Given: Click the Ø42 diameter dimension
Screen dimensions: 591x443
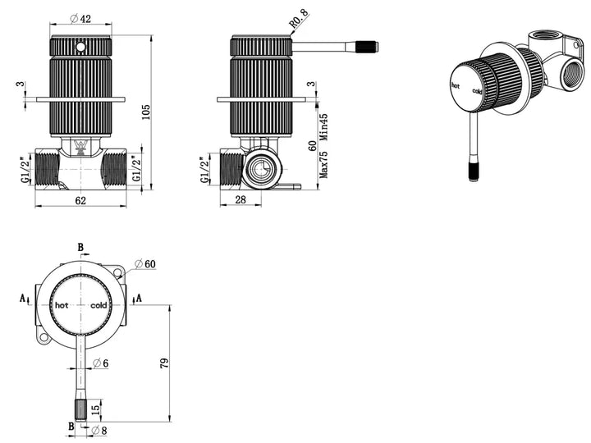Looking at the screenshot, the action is pyautogui.click(x=80, y=18).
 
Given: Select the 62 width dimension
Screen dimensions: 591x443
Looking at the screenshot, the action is pyautogui.click(x=80, y=200).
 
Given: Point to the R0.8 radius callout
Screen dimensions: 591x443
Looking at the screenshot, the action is pyautogui.click(x=300, y=18).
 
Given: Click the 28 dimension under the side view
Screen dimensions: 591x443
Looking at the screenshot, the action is pyautogui.click(x=241, y=199).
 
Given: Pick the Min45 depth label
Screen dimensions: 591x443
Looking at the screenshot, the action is pyautogui.click(x=324, y=127).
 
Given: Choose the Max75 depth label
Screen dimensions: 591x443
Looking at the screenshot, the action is pyautogui.click(x=324, y=165).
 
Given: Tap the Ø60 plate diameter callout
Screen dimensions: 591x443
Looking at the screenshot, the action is pyautogui.click(x=145, y=263).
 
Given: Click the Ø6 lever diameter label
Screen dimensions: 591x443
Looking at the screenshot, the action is pyautogui.click(x=101, y=363).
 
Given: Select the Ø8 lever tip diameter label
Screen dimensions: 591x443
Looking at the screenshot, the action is pyautogui.click(x=99, y=430).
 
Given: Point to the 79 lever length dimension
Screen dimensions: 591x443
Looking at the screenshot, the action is pyautogui.click(x=165, y=363).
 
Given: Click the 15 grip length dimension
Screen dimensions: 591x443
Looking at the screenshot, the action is pyautogui.click(x=96, y=409).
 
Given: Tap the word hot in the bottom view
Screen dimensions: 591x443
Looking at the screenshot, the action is pyautogui.click(x=62, y=305).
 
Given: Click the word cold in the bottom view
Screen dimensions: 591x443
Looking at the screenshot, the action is pyautogui.click(x=98, y=305).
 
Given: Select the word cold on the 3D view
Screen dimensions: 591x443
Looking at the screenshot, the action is pyautogui.click(x=477, y=91).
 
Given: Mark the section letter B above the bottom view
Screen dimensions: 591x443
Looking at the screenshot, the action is pyautogui.click(x=80, y=248).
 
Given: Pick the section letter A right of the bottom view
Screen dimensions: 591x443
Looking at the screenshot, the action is pyautogui.click(x=139, y=298).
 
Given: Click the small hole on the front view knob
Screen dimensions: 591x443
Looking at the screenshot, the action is pyautogui.click(x=80, y=47).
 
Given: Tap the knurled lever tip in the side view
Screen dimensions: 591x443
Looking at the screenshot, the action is pyautogui.click(x=367, y=47).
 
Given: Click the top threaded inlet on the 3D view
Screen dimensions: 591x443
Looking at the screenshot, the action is pyautogui.click(x=545, y=38).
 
